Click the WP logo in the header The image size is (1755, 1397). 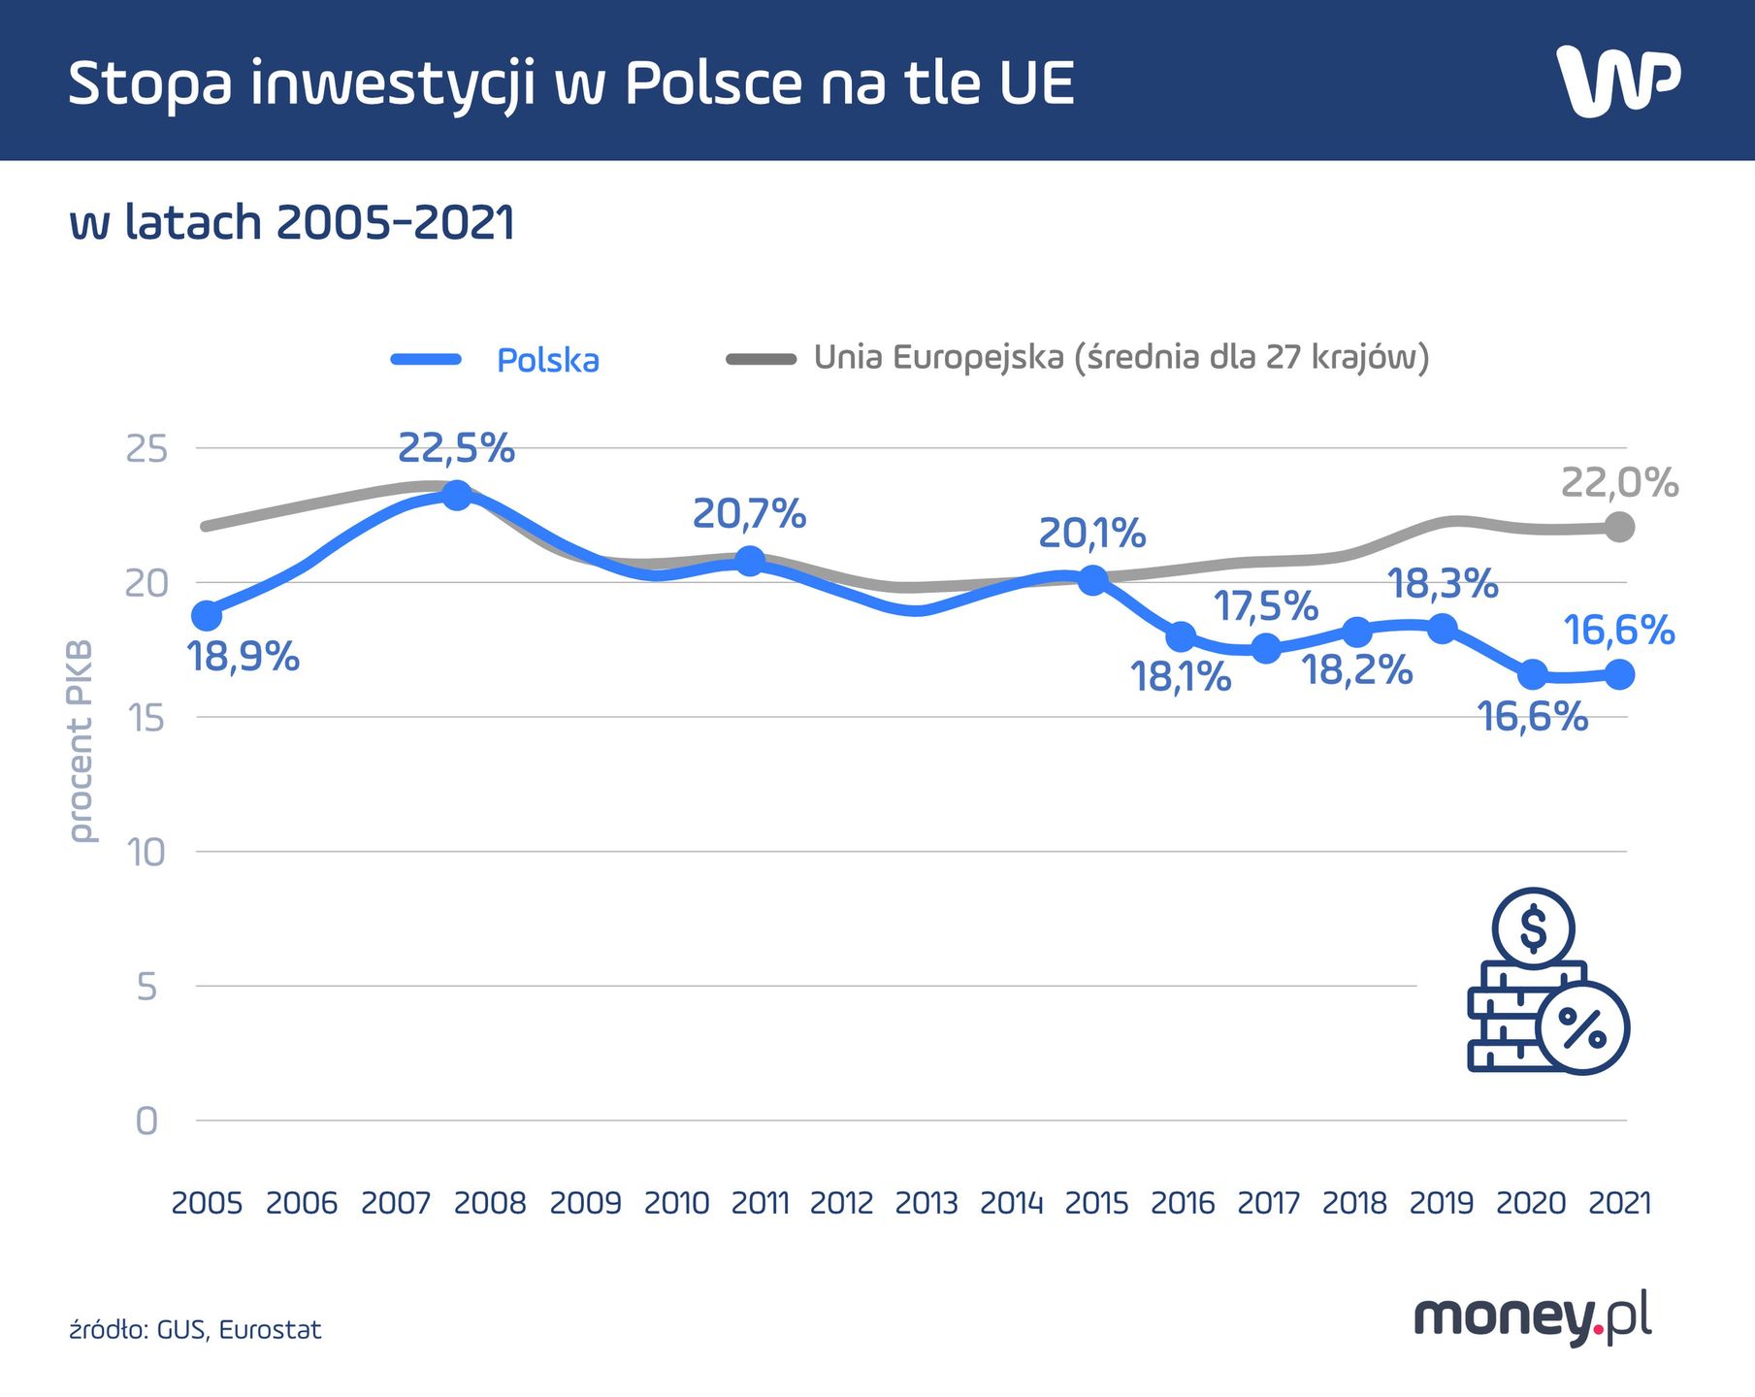pyautogui.click(x=1617, y=82)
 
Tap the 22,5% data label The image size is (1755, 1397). pyautogui.click(x=456, y=448)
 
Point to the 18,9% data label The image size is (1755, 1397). pyautogui.click(x=243, y=657)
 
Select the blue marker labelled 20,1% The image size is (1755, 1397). pyautogui.click(x=1092, y=581)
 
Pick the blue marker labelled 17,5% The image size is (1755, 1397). pyautogui.click(x=1265, y=648)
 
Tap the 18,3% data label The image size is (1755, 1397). pyautogui.click(x=1443, y=584)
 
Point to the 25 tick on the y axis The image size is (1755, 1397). pyautogui.click(x=146, y=449)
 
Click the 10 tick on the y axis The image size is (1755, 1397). pyautogui.click(x=146, y=853)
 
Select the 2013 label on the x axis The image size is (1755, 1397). pyautogui.click(x=926, y=1203)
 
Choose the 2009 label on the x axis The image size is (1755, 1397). pyautogui.click(x=585, y=1203)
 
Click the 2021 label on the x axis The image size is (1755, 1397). pyautogui.click(x=1619, y=1203)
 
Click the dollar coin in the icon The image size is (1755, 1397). pyautogui.click(x=1533, y=927)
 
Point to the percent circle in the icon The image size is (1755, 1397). pyautogui.click(x=1582, y=1027)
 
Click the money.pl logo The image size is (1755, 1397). pyautogui.click(x=1532, y=1318)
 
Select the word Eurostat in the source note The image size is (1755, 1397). pyautogui.click(x=270, y=1329)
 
